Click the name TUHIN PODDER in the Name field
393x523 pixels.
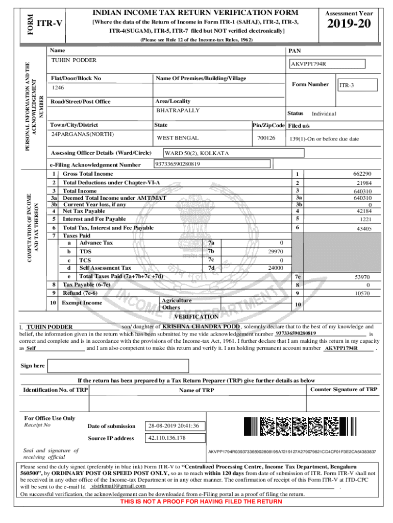point(74,60)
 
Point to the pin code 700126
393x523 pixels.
point(266,138)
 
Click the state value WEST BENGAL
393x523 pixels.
point(178,138)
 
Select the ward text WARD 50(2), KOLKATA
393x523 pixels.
point(196,153)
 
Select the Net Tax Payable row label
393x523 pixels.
point(84,211)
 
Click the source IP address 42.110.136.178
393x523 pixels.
point(167,438)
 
